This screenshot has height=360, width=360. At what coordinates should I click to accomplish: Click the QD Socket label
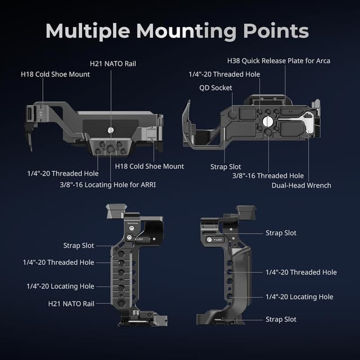coord(215,88)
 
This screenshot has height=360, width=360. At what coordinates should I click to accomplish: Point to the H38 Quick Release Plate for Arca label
coord(278,60)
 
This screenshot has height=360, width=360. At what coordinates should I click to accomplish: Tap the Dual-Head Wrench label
coord(301,185)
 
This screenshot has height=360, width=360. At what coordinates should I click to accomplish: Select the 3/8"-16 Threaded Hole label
coord(268,175)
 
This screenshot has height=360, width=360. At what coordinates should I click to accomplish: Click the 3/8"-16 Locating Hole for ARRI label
coord(107,184)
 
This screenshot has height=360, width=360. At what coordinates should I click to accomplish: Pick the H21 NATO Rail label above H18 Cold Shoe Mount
coord(112,64)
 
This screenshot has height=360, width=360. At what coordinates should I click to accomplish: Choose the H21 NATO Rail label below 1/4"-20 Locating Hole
coord(71,303)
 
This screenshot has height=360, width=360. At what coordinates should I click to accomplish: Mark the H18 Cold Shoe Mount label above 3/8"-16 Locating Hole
coord(150,166)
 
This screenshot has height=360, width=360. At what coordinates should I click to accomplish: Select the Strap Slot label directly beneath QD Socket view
coord(226,166)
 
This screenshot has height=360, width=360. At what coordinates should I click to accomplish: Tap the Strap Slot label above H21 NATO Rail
coord(79,245)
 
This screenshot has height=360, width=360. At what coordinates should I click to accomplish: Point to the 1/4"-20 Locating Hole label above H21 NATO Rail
coord(60,286)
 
